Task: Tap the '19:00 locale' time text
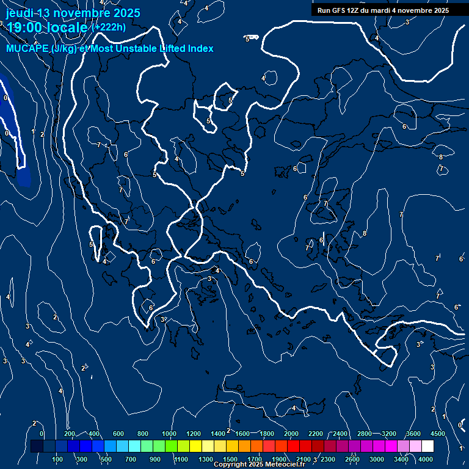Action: click(x=47, y=27)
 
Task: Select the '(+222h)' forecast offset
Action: click(x=108, y=27)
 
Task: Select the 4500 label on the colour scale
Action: click(x=438, y=434)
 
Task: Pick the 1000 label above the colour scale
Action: click(x=169, y=434)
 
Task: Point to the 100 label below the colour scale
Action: click(x=57, y=459)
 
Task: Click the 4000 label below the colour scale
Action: click(x=426, y=459)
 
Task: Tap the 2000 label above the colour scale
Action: click(x=291, y=434)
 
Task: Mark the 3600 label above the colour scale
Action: click(x=413, y=434)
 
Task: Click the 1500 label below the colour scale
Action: click(x=230, y=459)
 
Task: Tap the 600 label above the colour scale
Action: click(x=118, y=434)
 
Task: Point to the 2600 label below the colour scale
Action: click(x=352, y=459)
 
